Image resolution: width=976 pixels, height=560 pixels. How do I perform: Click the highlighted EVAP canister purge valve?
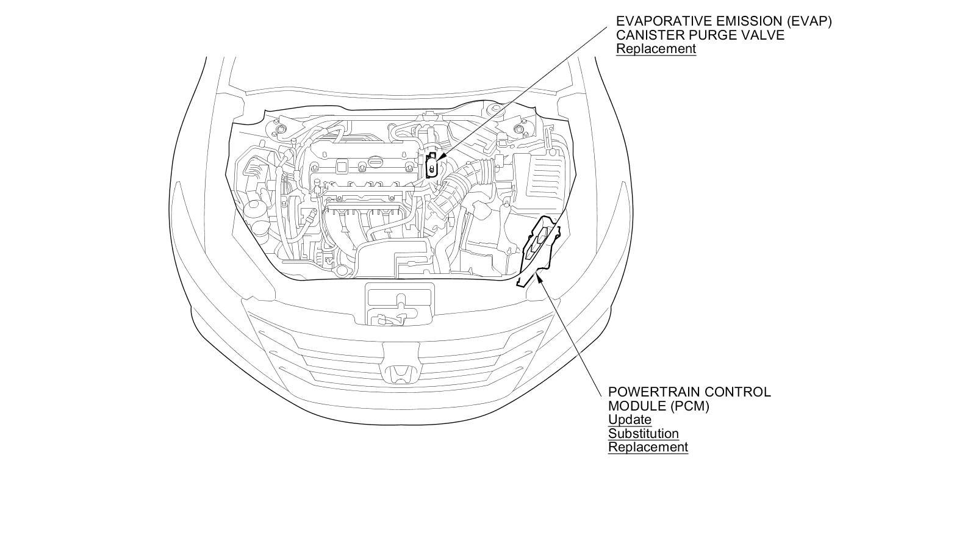(432, 167)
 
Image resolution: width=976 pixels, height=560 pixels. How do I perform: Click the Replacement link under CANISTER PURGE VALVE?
(656, 49)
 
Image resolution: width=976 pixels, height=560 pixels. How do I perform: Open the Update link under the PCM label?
(630, 420)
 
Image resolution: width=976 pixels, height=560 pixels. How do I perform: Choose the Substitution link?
(643, 434)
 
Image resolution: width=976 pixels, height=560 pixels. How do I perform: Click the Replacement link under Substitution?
(648, 447)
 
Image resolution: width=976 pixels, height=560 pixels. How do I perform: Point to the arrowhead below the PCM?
(537, 275)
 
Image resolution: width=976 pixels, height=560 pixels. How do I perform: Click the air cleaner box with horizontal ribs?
(540, 177)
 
